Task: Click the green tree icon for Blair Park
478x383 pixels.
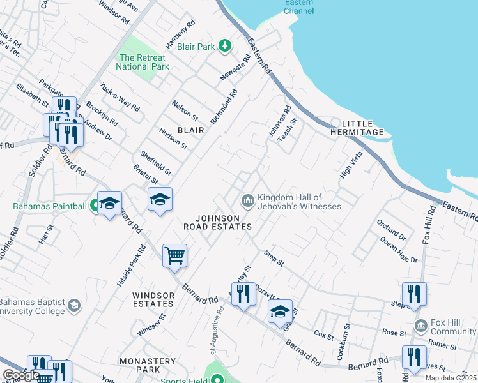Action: [224, 46]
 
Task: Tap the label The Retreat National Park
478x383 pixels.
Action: [143, 62]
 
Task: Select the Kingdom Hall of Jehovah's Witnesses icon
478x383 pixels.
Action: [247, 202]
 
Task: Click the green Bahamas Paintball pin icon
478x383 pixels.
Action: [95, 206]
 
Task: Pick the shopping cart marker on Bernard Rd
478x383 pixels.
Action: [174, 256]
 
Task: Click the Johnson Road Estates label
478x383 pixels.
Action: [217, 222]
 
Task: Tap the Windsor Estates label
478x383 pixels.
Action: [153, 300]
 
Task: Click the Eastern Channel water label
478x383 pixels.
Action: [298, 6]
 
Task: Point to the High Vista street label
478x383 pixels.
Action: [351, 165]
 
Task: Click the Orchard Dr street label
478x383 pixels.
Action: [391, 230]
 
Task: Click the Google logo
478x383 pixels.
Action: [21, 375]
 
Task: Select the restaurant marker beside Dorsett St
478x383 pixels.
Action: [243, 294]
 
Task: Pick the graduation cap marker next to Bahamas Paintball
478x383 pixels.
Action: [109, 204]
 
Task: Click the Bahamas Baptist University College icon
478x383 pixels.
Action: [74, 305]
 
